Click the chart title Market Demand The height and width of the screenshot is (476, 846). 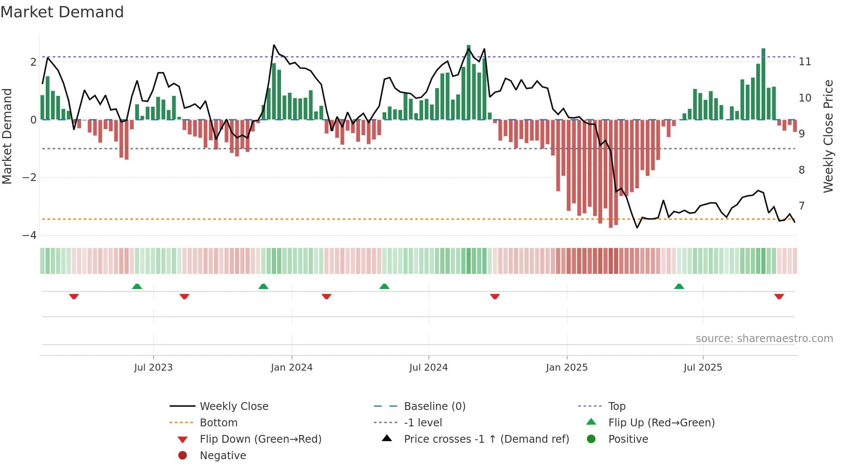62,12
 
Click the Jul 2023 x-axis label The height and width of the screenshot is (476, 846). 153,368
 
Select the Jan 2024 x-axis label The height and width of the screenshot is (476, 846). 291,368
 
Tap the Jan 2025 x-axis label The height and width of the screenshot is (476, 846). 566,368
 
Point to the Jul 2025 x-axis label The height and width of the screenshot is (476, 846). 703,368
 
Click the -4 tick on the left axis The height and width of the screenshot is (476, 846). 29,235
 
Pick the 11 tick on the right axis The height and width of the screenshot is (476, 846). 805,62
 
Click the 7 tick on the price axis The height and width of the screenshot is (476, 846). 802,206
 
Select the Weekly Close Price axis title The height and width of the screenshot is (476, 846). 828,136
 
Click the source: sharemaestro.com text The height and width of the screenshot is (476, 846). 764,339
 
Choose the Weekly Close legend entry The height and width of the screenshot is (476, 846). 234,406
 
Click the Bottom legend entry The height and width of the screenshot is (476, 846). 218,423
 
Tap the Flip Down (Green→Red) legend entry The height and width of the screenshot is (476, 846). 260,439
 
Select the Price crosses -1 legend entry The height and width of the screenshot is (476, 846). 486,439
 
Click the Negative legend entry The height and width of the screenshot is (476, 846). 223,456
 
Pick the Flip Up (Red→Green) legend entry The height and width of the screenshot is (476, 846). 661,423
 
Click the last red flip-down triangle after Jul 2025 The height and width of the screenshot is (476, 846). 779,296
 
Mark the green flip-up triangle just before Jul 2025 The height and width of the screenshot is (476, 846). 679,286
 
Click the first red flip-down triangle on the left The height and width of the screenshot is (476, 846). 74,296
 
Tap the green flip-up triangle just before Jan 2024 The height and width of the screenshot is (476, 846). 263,286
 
